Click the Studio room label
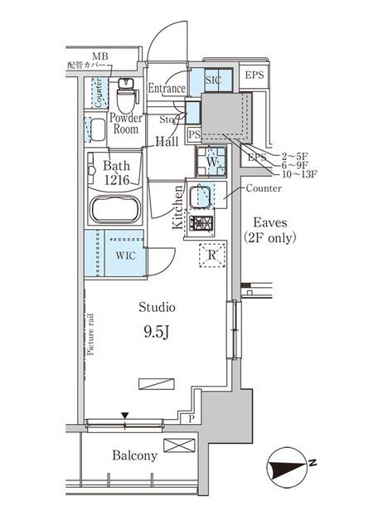pos(157,307)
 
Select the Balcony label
pos(134,456)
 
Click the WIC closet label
pos(125,255)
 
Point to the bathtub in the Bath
pos(116,208)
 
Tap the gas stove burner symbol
pos(202,222)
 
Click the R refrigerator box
pos(211,256)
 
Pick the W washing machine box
pos(212,161)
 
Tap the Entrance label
pos(167,89)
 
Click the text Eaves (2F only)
pos(270,229)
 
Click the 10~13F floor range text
pos(298,175)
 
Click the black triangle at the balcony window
pos(125,415)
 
